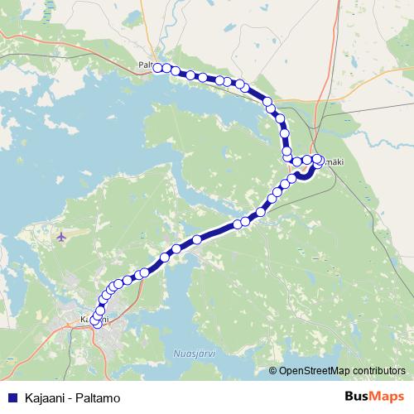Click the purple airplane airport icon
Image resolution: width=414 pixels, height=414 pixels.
click(x=61, y=237)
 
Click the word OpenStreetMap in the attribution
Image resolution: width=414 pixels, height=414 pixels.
click(x=317, y=371)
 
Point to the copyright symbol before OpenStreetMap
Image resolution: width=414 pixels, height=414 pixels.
click(x=273, y=371)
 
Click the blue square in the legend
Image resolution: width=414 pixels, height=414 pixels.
click(x=12, y=398)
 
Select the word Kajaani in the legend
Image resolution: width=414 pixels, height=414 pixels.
click(x=46, y=398)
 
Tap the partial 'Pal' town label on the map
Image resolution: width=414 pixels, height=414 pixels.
click(x=146, y=64)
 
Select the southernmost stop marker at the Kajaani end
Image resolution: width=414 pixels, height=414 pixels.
click(x=97, y=323)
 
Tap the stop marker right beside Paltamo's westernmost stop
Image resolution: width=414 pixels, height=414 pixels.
click(x=166, y=69)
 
